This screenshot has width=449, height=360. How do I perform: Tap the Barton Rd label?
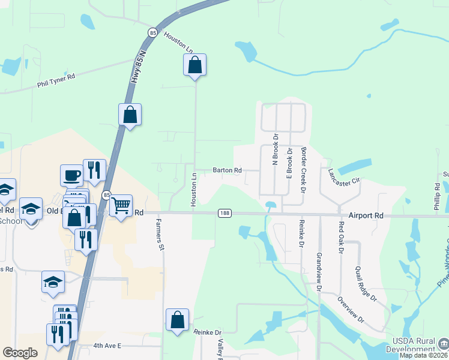(x=227, y=170)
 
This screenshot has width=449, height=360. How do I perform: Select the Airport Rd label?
(x=365, y=215)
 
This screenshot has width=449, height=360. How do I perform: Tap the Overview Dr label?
(x=351, y=310)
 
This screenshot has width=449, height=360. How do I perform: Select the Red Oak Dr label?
(x=341, y=238)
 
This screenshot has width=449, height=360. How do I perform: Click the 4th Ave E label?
(x=107, y=346)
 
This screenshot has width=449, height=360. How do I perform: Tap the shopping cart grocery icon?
(x=121, y=206)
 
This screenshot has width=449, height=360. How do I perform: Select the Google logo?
(x=20, y=353)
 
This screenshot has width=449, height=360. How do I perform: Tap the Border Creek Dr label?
(x=304, y=170)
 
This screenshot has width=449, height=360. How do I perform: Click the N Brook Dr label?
(x=276, y=149)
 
